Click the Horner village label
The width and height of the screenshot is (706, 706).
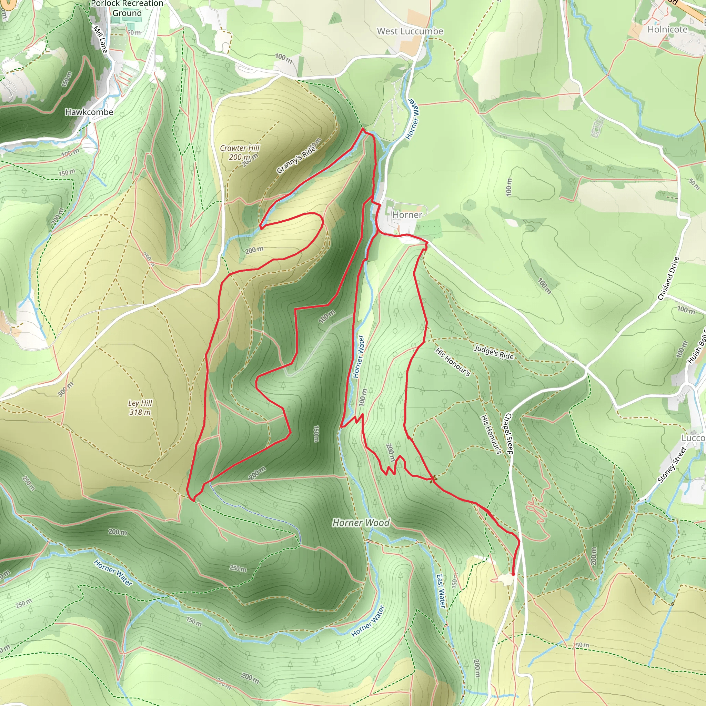pos(407,215)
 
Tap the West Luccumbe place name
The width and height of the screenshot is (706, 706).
pos(410,31)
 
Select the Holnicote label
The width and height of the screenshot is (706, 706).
pos(667,30)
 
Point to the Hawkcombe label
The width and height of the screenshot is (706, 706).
pos(89,112)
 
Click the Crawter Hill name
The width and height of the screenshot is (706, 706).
pos(239,148)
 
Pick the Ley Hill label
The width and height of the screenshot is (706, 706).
pos(140,403)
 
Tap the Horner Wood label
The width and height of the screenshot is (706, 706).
pos(361,523)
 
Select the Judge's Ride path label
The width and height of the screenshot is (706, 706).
pos(494,353)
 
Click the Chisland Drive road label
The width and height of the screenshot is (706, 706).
pos(668,279)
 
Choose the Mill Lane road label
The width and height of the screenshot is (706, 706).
pos(100,39)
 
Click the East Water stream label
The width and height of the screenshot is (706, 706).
pos(441,591)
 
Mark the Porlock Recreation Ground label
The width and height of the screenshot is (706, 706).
pos(127,8)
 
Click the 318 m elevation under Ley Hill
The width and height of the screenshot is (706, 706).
pos(140,412)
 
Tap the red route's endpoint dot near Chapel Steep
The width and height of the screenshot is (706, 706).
pos(513,574)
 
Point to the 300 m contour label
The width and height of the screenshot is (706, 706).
pos(65,389)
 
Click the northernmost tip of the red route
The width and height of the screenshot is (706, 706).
pos(363,129)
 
